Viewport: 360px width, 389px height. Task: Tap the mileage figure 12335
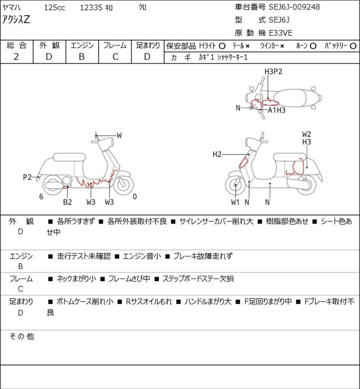pos(92,8)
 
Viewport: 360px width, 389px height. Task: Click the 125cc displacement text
pos(54,8)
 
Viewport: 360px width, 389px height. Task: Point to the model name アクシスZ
pos(16,20)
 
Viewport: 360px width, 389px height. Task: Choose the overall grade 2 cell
pos(16,57)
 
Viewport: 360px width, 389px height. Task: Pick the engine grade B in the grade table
pos(81,57)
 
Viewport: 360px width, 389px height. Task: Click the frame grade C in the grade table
pos(115,57)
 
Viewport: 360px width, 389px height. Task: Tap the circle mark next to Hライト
pos(222,46)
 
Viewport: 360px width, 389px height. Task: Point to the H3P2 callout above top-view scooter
pos(273,72)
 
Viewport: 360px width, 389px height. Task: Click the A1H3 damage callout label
pos(277,110)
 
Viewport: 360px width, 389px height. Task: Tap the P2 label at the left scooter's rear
pos(27,177)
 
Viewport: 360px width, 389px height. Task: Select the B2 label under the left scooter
pos(67,202)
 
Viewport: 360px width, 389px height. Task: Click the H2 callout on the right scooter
pos(217,155)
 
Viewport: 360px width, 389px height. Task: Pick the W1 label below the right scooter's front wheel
pos(235,202)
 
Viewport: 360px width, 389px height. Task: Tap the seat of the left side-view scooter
pos(67,157)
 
